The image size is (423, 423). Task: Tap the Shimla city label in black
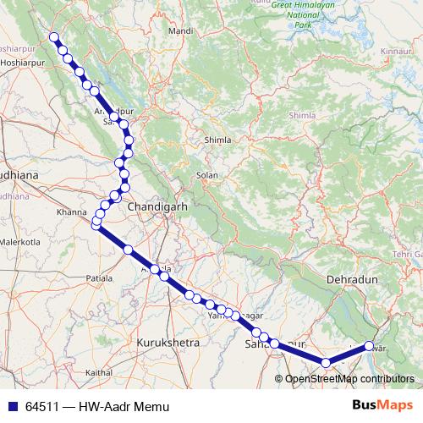pos(217,140)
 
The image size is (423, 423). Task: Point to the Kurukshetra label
pos(168,343)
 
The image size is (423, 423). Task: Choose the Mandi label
pos(181,31)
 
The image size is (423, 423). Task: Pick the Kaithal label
pos(99,372)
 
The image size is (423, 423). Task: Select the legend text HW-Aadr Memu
pos(124,407)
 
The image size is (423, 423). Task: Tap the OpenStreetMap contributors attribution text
pos(349,380)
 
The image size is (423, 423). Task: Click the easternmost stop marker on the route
pos(369,345)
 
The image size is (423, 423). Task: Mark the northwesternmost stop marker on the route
pos(54,37)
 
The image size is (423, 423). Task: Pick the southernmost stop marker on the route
pos(326,363)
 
